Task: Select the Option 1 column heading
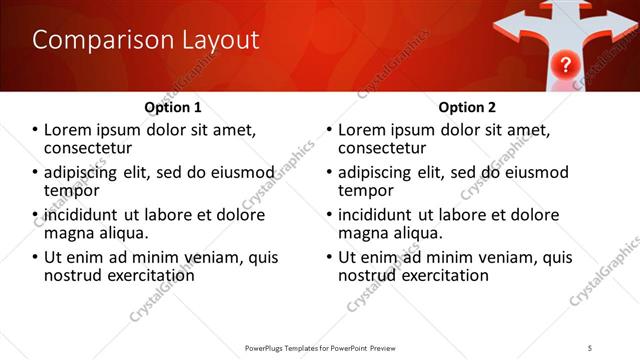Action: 172,107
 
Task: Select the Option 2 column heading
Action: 466,107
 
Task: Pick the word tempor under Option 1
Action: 71,190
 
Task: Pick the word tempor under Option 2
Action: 365,190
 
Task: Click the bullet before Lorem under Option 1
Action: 36,130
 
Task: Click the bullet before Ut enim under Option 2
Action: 330,257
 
